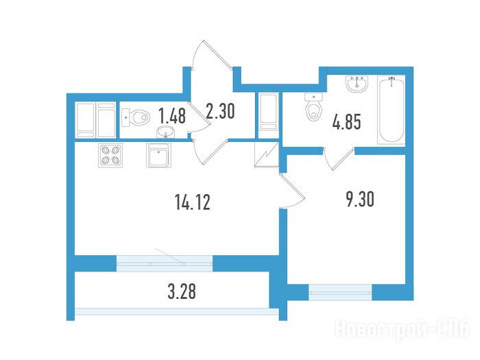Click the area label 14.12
coord(193,202)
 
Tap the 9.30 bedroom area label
coord(360,199)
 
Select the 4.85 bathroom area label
coord(347,121)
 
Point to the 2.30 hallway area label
coord(220,111)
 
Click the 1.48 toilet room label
coord(172,116)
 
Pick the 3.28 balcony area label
coord(182,291)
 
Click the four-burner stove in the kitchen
coord(110,155)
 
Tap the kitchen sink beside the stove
coord(158,156)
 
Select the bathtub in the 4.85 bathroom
coord(392,110)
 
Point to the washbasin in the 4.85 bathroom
coord(357,84)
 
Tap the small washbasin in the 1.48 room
coord(166,132)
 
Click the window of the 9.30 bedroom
coord(340,291)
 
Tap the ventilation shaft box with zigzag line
coord(266,154)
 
